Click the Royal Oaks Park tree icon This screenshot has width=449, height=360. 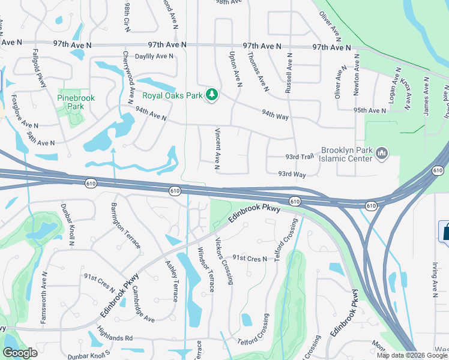click(x=211, y=95)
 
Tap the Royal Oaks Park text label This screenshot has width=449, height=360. click(x=172, y=95)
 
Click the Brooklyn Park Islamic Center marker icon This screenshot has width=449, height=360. click(x=382, y=155)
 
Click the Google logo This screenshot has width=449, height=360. click(x=20, y=353)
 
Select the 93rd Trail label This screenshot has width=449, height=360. click(x=300, y=157)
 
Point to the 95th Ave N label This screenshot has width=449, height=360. click(x=370, y=110)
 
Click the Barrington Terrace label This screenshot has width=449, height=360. click(x=125, y=226)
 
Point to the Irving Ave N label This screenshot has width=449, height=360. click(x=433, y=279)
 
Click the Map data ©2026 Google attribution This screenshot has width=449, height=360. click(x=412, y=355)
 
